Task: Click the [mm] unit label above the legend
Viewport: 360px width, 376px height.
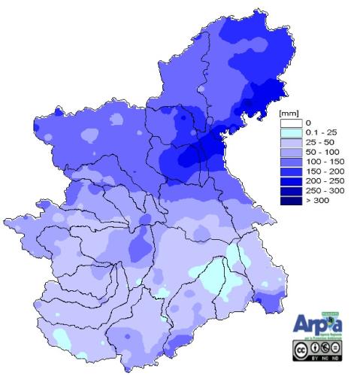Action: [x=289, y=114]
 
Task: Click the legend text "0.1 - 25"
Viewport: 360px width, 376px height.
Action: [x=318, y=132]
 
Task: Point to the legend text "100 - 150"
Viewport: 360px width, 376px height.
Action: [x=322, y=162]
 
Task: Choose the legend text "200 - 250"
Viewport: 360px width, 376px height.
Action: [x=322, y=181]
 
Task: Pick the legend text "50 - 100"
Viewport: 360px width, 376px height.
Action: [x=319, y=152]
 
